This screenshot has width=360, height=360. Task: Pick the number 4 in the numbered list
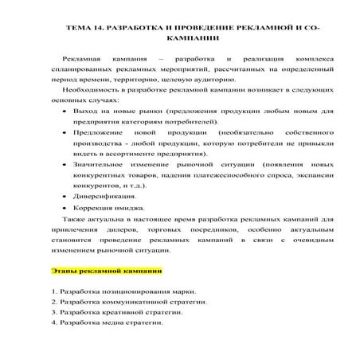(x=53, y=323)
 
